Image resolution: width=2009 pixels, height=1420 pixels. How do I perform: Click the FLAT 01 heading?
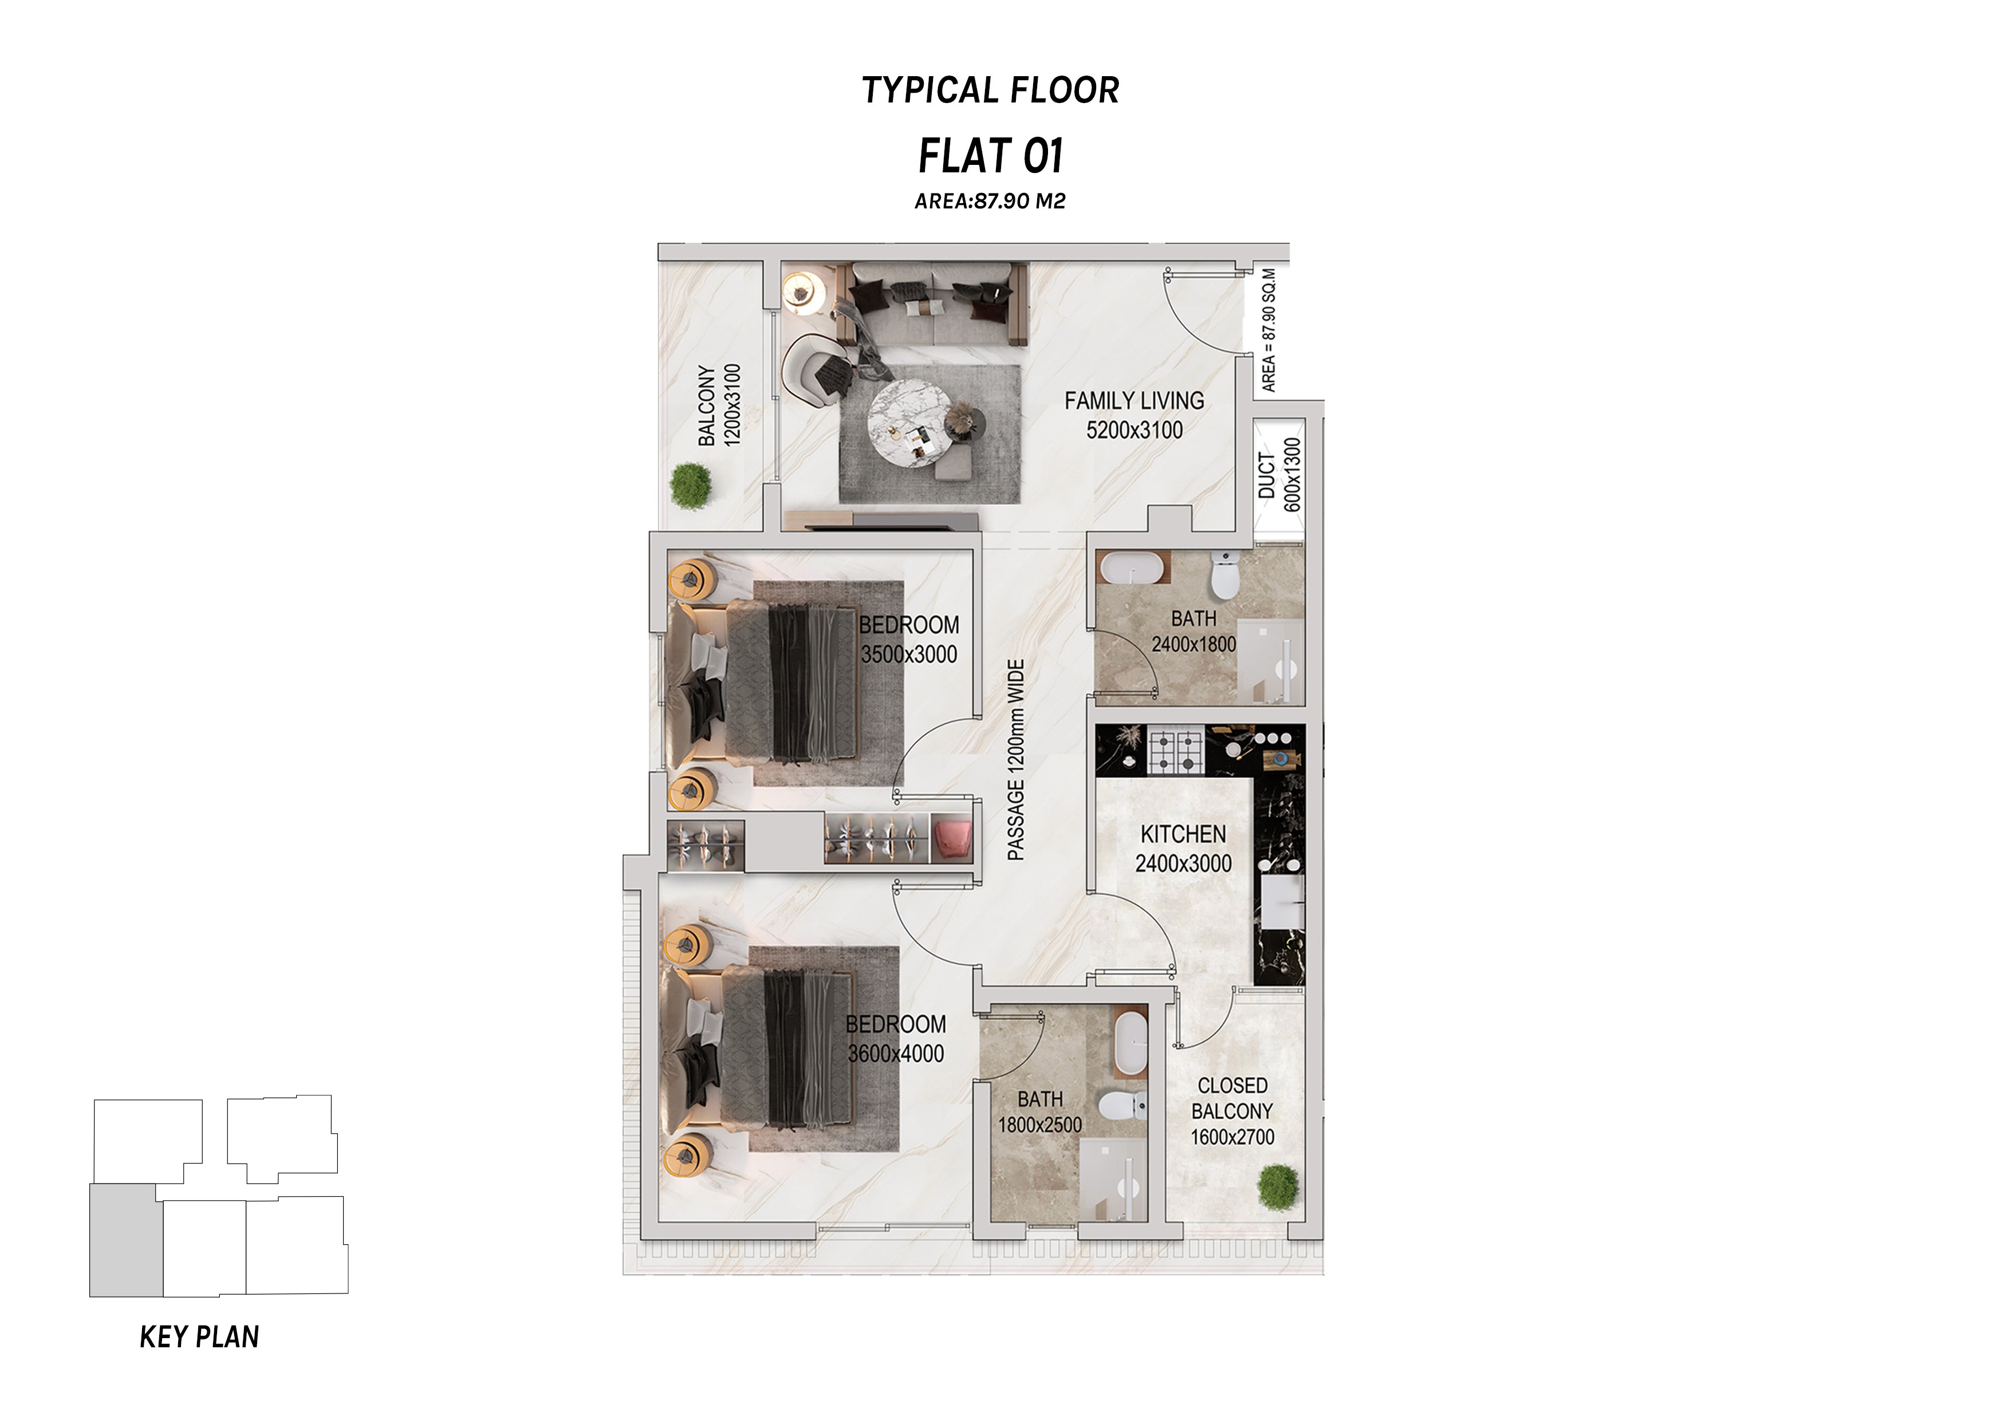(x=991, y=157)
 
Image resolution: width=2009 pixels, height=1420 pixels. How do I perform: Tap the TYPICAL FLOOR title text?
(x=991, y=90)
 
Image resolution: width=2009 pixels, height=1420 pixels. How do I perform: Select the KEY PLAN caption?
(x=199, y=1337)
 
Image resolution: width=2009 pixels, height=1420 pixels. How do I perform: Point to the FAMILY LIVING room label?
(x=1134, y=401)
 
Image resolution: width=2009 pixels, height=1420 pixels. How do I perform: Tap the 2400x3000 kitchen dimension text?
(x=1183, y=863)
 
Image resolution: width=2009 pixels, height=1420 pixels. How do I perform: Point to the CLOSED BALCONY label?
(x=1232, y=1098)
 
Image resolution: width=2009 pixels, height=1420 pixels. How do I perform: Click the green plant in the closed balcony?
(x=1278, y=1188)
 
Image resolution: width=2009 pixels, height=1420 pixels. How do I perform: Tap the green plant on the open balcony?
(x=691, y=485)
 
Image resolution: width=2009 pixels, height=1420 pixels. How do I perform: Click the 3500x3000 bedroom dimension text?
(x=909, y=654)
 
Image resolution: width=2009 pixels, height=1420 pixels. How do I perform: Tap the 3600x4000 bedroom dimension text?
(x=896, y=1054)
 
